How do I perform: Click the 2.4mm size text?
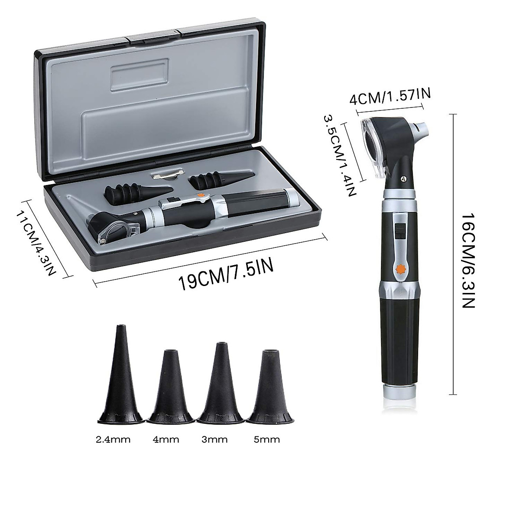click(x=113, y=439)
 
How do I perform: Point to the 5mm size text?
click(x=267, y=439)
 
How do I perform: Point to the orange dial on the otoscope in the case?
click(x=201, y=195)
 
